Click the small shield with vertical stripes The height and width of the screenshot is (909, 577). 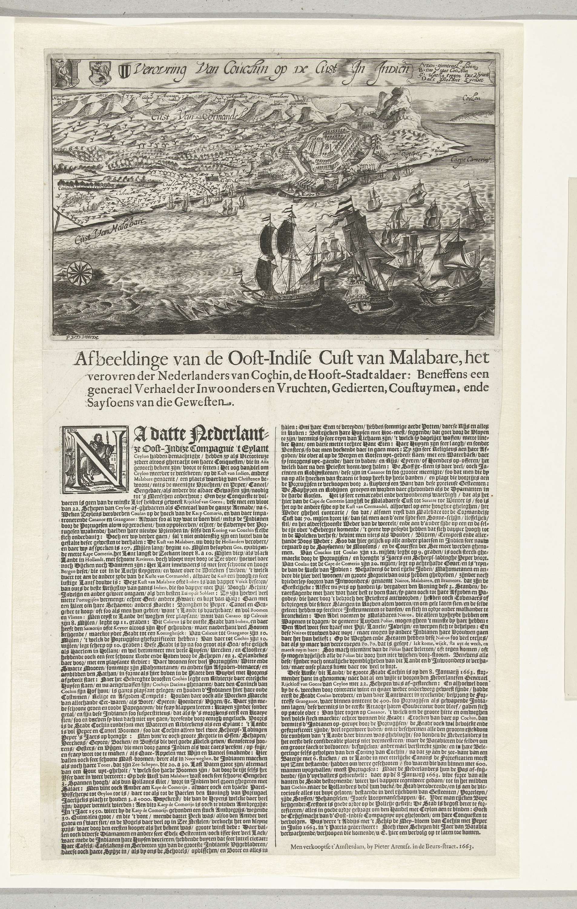(124, 71)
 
